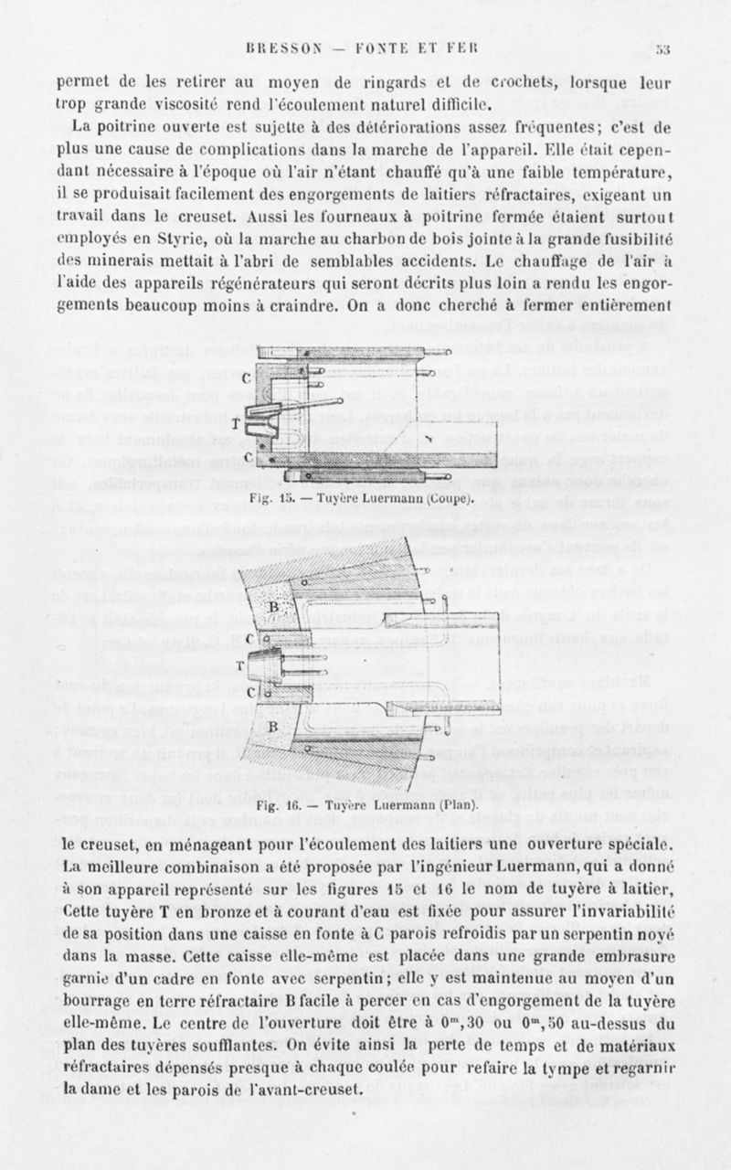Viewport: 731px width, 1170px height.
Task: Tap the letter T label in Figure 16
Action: click(241, 665)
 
